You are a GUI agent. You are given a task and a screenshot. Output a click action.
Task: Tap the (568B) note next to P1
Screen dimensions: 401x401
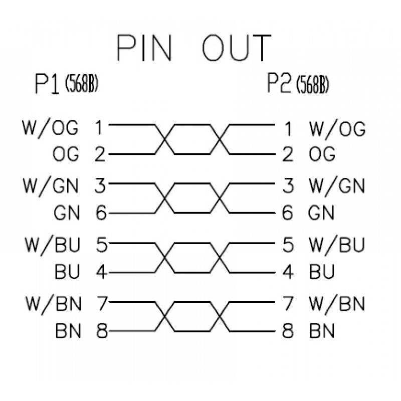[x=81, y=85]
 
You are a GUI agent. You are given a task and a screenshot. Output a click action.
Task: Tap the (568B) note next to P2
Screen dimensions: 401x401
[x=313, y=86]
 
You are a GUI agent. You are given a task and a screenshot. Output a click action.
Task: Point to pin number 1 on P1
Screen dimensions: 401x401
[x=99, y=128]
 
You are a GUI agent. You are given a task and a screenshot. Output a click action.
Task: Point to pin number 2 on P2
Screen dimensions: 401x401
[x=288, y=155]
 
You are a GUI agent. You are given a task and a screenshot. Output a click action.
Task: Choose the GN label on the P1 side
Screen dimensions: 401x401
[x=66, y=214]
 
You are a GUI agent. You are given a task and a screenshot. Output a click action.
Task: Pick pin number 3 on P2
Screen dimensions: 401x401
[x=288, y=186]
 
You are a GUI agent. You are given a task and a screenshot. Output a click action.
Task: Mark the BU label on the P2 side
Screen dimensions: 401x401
[x=322, y=272]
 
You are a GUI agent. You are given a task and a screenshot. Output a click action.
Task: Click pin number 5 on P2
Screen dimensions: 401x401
[x=288, y=246]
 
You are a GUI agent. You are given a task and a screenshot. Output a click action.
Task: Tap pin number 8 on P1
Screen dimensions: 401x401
[x=101, y=331]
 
